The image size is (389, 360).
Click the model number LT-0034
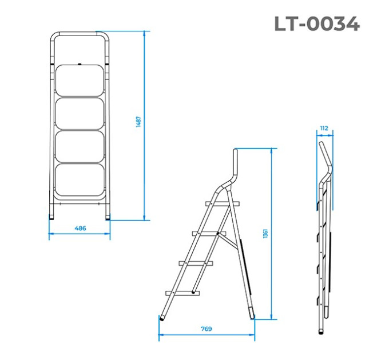click(x=317, y=24)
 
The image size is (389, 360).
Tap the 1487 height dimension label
click(x=138, y=122)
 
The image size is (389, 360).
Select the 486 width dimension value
click(x=80, y=228)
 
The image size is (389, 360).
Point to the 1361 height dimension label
click(x=265, y=234)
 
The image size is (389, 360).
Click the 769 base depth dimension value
click(x=207, y=329)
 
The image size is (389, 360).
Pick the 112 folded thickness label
click(x=324, y=128)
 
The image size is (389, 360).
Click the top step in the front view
click(x=80, y=81)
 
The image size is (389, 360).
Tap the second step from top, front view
click(x=80, y=114)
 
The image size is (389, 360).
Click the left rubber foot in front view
click(x=51, y=217)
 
